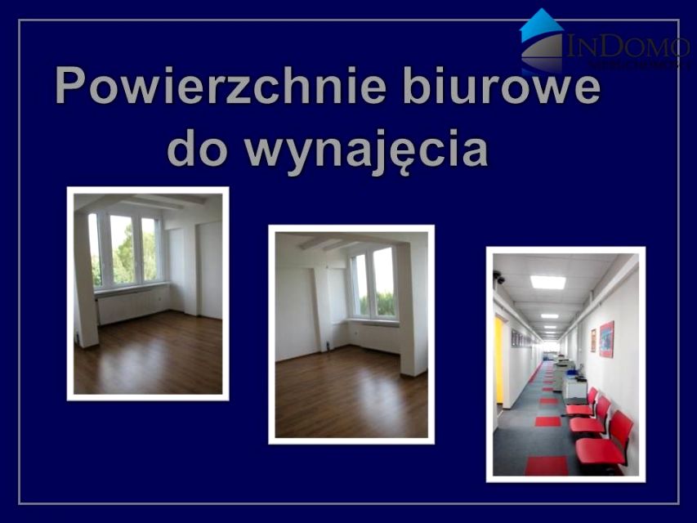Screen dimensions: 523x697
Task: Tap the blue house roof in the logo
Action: point(541,25)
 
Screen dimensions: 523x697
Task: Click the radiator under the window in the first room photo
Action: point(131,305)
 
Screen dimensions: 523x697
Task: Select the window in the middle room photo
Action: point(373,283)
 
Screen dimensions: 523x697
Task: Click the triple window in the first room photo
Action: point(124,249)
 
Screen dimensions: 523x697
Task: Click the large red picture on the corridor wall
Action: point(606,338)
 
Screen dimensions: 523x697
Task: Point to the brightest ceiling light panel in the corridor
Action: point(547,282)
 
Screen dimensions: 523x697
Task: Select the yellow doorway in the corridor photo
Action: point(498,360)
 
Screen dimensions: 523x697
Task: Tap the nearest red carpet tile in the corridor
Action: point(546,465)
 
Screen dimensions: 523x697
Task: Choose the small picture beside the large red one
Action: point(592,340)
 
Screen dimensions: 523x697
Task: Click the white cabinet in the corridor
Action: point(574,388)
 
